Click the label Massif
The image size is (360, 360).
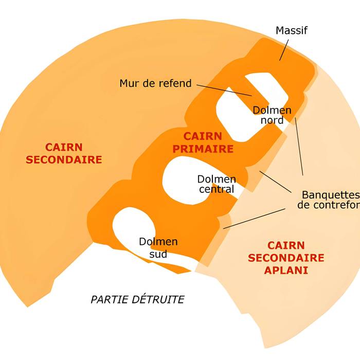[x=291, y=30]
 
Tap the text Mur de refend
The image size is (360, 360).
[x=155, y=83]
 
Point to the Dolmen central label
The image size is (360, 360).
[x=217, y=184]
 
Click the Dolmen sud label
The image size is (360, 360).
[x=158, y=247]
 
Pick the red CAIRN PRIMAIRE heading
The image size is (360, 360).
[x=203, y=143]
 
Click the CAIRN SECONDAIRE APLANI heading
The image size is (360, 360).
[x=286, y=258]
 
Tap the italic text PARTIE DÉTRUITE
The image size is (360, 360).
[x=137, y=299]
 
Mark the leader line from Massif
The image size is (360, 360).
[x=284, y=49]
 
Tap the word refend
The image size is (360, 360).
[x=175, y=83]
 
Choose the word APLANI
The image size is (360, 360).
[x=286, y=270]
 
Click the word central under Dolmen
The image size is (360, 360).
[x=216, y=189]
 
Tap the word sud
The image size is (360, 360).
[x=158, y=254]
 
